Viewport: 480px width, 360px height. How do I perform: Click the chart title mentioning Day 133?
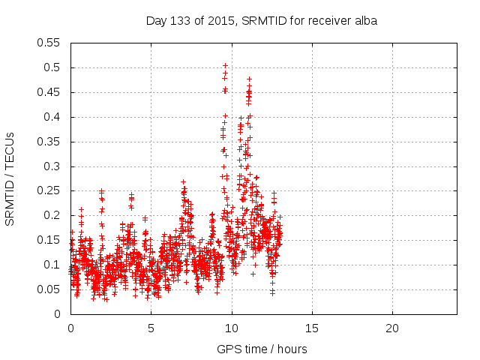pyautogui.click(x=261, y=21)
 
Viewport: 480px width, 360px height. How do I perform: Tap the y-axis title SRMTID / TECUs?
pyautogui.click(x=10, y=178)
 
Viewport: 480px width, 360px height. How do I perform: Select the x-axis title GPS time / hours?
pyautogui.click(x=262, y=349)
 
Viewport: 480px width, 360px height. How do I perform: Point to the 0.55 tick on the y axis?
pyautogui.click(x=49, y=43)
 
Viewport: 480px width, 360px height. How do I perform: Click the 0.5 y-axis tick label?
pyautogui.click(x=53, y=67)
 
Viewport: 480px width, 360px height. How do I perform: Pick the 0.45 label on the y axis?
pyautogui.click(x=49, y=92)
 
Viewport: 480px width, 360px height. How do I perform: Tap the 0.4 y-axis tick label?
pyautogui.click(x=53, y=117)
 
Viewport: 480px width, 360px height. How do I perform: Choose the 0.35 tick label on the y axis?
pyautogui.click(x=49, y=142)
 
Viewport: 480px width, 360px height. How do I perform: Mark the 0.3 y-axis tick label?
pyautogui.click(x=53, y=166)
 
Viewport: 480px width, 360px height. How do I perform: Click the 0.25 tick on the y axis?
pyautogui.click(x=49, y=190)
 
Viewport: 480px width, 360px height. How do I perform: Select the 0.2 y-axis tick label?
pyautogui.click(x=53, y=215)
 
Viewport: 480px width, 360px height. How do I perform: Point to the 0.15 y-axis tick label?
pyautogui.click(x=49, y=240)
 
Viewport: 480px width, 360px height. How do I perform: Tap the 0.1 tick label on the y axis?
pyautogui.click(x=53, y=265)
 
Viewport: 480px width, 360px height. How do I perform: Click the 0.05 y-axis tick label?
pyautogui.click(x=49, y=289)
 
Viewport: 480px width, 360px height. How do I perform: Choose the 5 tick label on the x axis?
pyautogui.click(x=151, y=328)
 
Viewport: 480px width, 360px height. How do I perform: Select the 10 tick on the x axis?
pyautogui.click(x=232, y=328)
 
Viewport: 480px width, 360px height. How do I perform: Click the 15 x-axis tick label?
pyautogui.click(x=312, y=328)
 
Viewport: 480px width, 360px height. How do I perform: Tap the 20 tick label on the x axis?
pyautogui.click(x=392, y=328)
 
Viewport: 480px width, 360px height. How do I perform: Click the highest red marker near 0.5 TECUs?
pyautogui.click(x=225, y=66)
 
